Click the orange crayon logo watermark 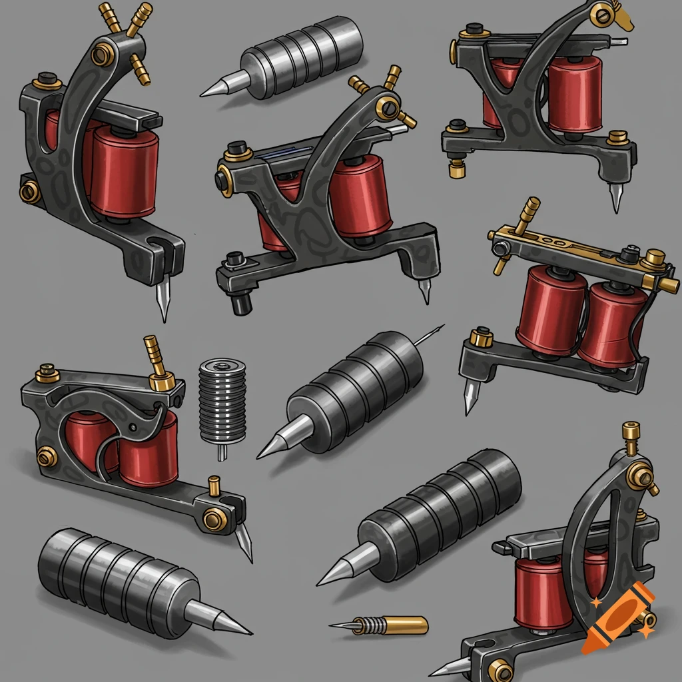(617, 616)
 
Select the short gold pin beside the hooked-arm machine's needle (214, 485)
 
